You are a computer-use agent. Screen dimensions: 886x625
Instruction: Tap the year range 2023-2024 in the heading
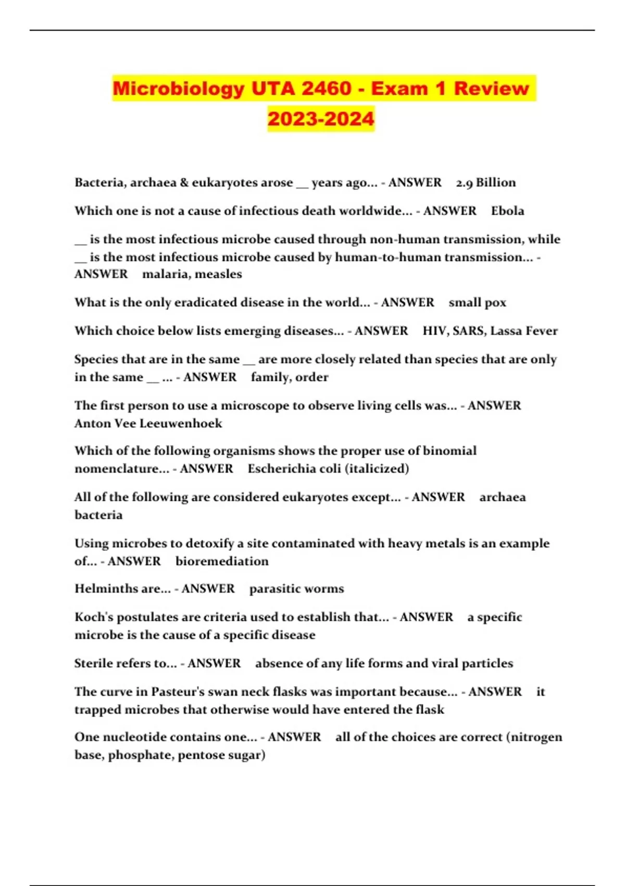pos(321,119)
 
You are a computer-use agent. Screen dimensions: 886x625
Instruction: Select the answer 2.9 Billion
pos(485,182)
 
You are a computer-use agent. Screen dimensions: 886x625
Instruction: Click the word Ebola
pos(507,211)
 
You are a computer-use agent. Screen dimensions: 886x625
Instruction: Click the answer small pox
pos(477,303)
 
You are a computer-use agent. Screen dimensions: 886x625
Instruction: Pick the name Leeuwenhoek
pos(181,423)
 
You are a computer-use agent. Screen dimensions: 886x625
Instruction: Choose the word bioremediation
pos(222,561)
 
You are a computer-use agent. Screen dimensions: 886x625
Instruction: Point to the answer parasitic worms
pos(296,589)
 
